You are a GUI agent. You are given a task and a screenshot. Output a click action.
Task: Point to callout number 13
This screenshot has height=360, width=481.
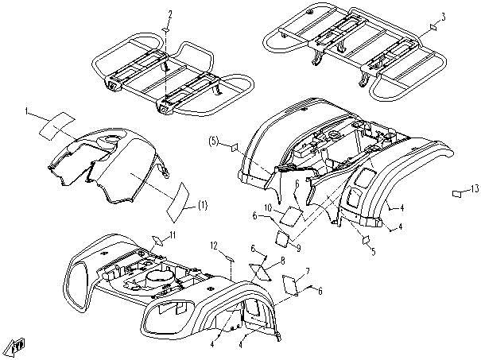tap(475, 188)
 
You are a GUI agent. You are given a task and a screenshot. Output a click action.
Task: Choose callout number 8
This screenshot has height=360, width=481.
tap(281, 260)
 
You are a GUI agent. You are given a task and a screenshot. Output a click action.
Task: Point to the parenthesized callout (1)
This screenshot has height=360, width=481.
tap(202, 205)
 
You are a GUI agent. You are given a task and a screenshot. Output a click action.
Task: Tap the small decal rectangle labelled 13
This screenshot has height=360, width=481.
tap(457, 193)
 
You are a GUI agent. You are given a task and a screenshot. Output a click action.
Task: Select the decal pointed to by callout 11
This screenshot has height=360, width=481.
tap(158, 238)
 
